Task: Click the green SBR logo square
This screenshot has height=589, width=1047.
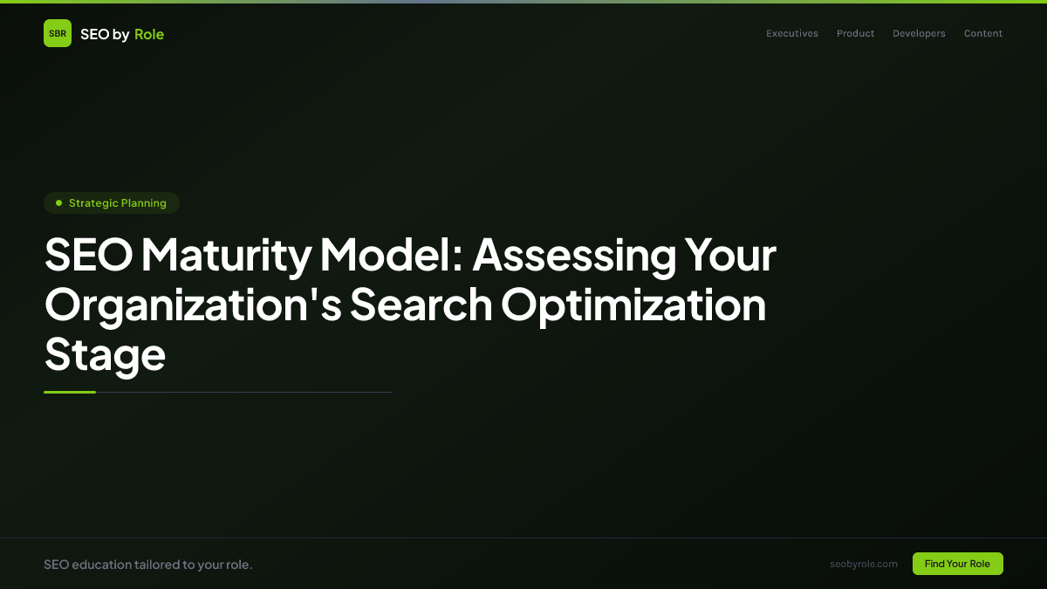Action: pos(58,33)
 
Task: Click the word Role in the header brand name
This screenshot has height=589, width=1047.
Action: pos(149,34)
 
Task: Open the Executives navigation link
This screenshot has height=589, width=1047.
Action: pos(792,34)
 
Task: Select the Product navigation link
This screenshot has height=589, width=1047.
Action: pos(855,34)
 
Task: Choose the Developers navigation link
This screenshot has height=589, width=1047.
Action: pos(919,34)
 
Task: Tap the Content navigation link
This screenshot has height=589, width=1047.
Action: pos(983,34)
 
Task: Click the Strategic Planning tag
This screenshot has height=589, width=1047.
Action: pos(112,203)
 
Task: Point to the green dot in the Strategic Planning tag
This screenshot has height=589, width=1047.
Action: pos(58,203)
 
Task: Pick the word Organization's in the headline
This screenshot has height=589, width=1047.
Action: pos(193,305)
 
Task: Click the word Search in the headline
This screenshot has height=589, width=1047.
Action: pos(421,305)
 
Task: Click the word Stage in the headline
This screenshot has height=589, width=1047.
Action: pos(105,354)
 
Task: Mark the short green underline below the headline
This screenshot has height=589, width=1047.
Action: pos(70,392)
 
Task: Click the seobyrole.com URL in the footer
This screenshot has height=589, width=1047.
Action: pos(864,564)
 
